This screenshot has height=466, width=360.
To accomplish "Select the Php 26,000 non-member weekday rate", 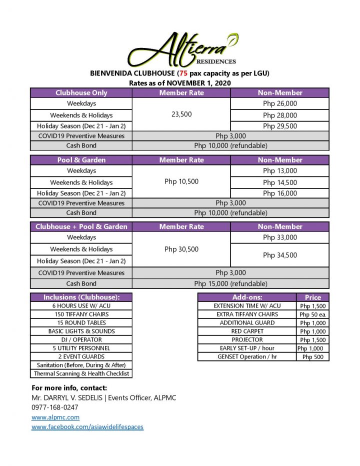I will tap(280, 103).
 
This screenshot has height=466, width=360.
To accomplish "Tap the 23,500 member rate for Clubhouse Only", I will tap(181, 114).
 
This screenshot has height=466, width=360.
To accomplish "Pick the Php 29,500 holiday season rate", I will tap(280, 126).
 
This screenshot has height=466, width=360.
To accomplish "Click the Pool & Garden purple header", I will tap(81, 160).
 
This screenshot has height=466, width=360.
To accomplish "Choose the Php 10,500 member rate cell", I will tap(181, 181).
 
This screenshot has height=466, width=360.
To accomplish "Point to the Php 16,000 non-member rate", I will tap(280, 193).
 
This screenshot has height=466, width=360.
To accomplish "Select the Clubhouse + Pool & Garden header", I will tap(81, 226).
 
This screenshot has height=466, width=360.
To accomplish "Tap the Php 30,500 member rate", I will tap(181, 249).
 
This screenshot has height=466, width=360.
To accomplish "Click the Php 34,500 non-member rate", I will tap(280, 255).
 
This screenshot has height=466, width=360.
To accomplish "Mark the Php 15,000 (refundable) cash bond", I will tap(230, 283).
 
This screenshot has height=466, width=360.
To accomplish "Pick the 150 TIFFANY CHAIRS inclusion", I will tap(81, 314).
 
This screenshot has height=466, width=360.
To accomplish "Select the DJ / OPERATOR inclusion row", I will tap(81, 339).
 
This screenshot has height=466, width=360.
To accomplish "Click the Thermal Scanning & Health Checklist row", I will tap(81, 373).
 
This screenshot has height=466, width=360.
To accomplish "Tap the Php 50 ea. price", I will tap(313, 314).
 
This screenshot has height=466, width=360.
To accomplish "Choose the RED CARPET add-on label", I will tap(247, 331).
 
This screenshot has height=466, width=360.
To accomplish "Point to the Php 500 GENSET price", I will tap(313, 356).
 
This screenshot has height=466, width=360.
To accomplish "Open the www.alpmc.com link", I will tap(55, 417).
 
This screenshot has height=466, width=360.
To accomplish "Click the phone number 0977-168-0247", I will tap(55, 407).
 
